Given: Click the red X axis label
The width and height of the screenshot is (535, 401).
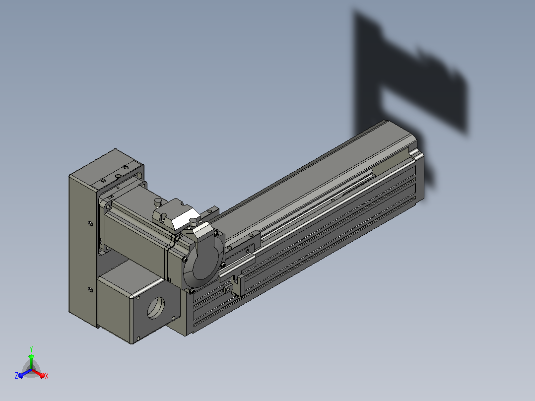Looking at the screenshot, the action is pos(47,376).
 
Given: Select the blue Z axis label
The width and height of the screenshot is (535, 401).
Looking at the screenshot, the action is pos(16,375).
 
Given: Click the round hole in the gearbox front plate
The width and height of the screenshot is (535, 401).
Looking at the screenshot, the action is pos(156,308).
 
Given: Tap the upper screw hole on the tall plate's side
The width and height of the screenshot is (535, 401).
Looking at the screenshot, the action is pos(90,223).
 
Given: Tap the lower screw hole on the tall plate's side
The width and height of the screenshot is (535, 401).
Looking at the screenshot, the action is pos(90,290).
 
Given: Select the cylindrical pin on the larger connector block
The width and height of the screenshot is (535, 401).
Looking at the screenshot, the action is pos(158,202).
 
